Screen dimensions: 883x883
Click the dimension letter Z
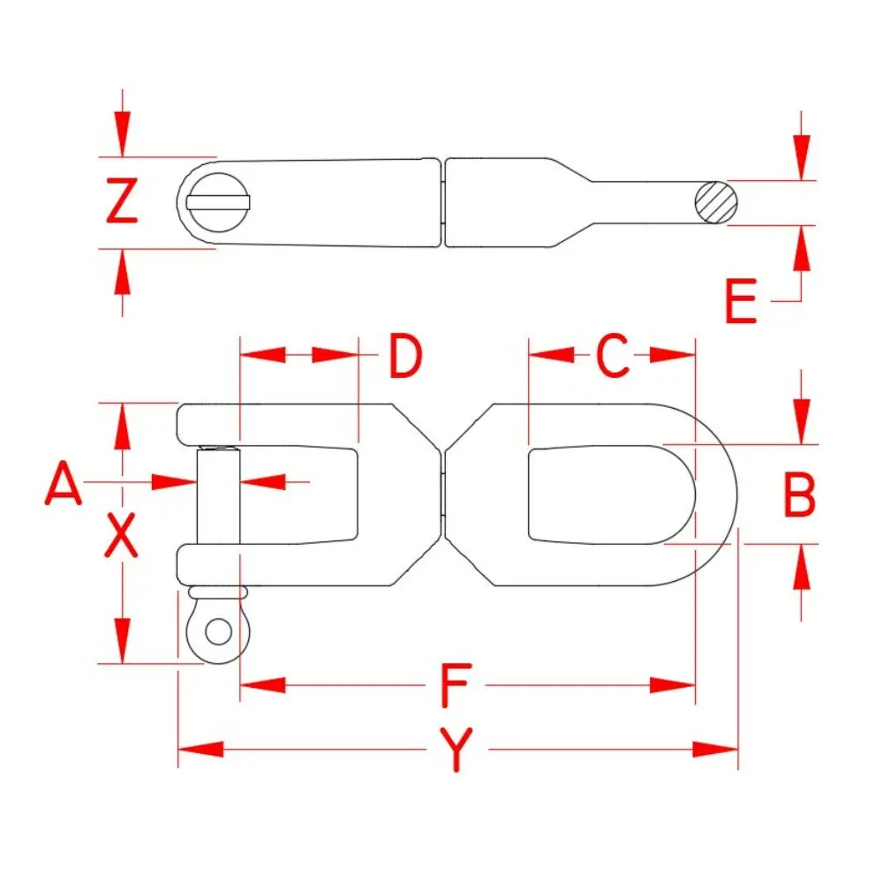coord(122,200)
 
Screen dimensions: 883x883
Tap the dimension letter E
coord(741,301)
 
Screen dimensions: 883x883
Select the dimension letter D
coord(405,355)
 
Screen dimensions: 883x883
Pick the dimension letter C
coord(612,355)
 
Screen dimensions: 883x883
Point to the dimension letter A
coord(63,483)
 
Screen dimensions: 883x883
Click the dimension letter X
coord(121,535)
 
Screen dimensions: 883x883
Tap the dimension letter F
coord(455,685)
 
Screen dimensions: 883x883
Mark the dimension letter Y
coord(457,750)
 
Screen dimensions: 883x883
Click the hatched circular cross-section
coord(716,203)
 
